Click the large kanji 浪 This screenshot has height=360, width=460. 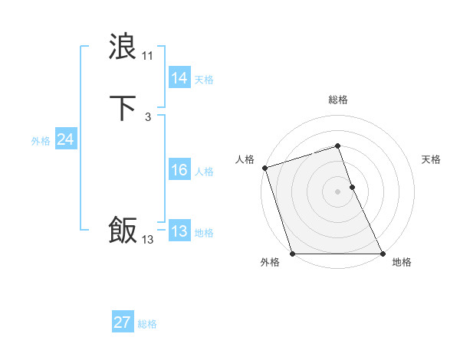pyautogui.click(x=123, y=47)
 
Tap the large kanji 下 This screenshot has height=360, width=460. pyautogui.click(x=123, y=108)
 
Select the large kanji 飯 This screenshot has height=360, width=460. pyautogui.click(x=123, y=230)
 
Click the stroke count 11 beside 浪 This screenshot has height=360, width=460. pyautogui.click(x=147, y=56)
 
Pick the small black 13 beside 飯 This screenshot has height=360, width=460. pyautogui.click(x=147, y=240)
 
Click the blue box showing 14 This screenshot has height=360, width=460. pyautogui.click(x=179, y=78)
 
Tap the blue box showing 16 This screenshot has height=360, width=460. pyautogui.click(x=179, y=171)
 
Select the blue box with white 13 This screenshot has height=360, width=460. pyautogui.click(x=179, y=232)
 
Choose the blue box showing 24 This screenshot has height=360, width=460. pyautogui.click(x=65, y=139)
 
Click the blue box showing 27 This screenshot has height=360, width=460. pyautogui.click(x=123, y=322)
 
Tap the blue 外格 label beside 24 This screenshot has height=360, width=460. pyautogui.click(x=41, y=141)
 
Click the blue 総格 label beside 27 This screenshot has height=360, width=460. pyautogui.click(x=147, y=324)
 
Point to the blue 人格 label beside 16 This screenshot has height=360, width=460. pyautogui.click(x=204, y=172)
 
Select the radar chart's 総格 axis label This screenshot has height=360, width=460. pyautogui.click(x=338, y=100)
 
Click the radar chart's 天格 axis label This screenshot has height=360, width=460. pyautogui.click(x=431, y=159)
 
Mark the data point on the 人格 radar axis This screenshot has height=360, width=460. pyautogui.click(x=264, y=168)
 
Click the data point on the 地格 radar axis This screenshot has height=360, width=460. pyautogui.click(x=383, y=254)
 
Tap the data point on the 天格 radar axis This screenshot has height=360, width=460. pyautogui.click(x=352, y=187)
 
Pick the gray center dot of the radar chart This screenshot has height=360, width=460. pyautogui.click(x=338, y=191)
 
